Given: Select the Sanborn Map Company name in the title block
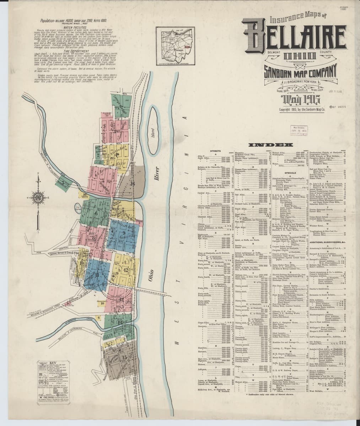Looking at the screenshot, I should click(300, 73).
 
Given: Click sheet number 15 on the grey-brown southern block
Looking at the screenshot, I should click(124, 357).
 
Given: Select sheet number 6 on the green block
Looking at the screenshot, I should click(96, 214).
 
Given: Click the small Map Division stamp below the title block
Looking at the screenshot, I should click(297, 130).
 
